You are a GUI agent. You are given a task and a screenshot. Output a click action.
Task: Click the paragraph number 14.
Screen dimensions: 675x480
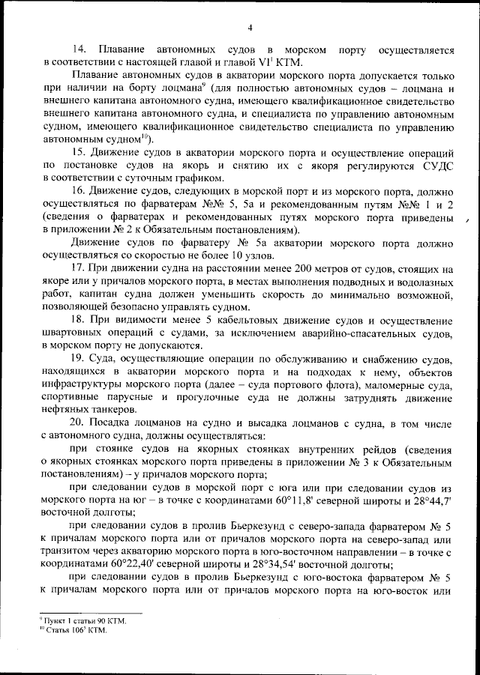tap(79, 50)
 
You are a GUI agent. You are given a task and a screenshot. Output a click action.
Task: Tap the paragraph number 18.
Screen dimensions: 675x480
tap(79, 320)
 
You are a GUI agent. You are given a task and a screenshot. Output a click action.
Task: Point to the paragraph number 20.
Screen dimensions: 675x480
tap(79, 423)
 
